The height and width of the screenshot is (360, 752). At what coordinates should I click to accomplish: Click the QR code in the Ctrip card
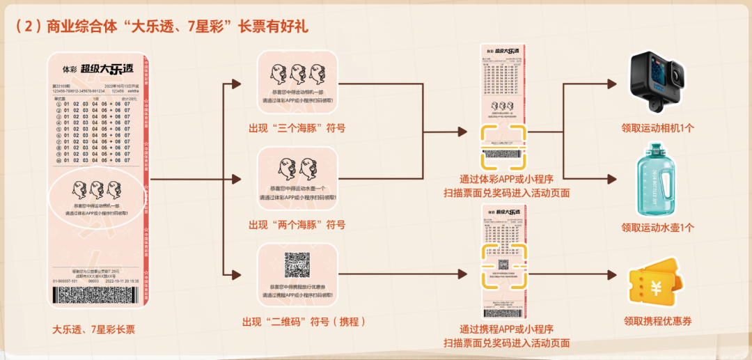[x=297, y=265]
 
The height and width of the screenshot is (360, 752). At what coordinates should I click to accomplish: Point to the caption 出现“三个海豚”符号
[x=297, y=128]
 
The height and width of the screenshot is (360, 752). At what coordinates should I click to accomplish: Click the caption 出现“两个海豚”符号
[x=297, y=225]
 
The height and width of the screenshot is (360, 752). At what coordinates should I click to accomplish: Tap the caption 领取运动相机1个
[x=657, y=128]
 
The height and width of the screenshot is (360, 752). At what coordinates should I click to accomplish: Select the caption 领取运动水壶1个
[x=657, y=228]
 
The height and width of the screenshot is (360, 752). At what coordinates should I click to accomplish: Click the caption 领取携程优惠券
[x=657, y=321]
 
